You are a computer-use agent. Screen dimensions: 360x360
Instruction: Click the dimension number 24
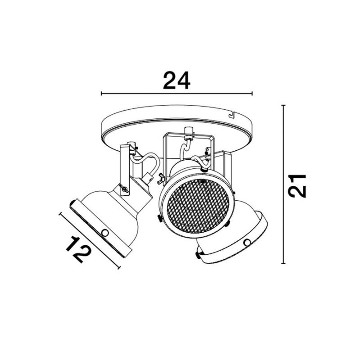click(176, 81)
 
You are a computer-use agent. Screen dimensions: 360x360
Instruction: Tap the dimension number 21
click(297, 186)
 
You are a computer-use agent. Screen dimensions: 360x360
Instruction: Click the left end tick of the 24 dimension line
click(102, 94)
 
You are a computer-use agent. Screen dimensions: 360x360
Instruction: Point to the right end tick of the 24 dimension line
click(252, 94)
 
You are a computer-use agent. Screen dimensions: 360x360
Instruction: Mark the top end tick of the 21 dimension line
click(283, 105)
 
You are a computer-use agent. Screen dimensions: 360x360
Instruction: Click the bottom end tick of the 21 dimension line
click(283, 263)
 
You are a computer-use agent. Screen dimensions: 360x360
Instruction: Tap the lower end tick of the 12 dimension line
click(119, 267)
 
